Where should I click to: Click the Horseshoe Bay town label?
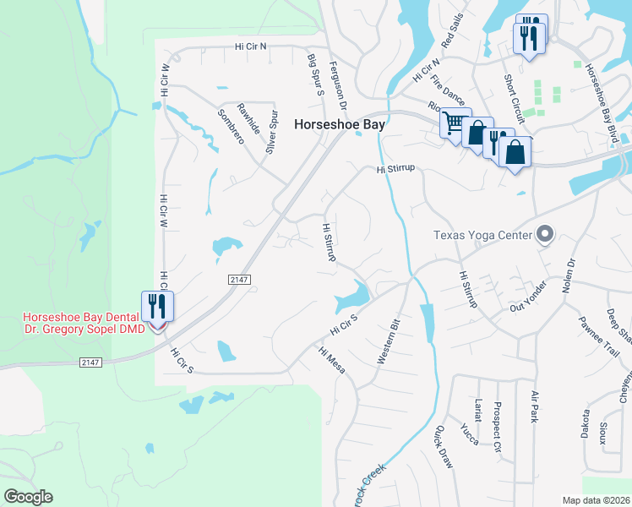[x=339, y=123]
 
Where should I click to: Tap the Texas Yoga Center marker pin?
[x=545, y=234]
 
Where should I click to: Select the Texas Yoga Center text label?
[x=482, y=236]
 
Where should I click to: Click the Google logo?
[x=28, y=497]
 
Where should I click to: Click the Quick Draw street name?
[x=444, y=448]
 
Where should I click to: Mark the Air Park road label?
[x=534, y=406]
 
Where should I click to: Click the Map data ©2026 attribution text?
[x=596, y=500]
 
